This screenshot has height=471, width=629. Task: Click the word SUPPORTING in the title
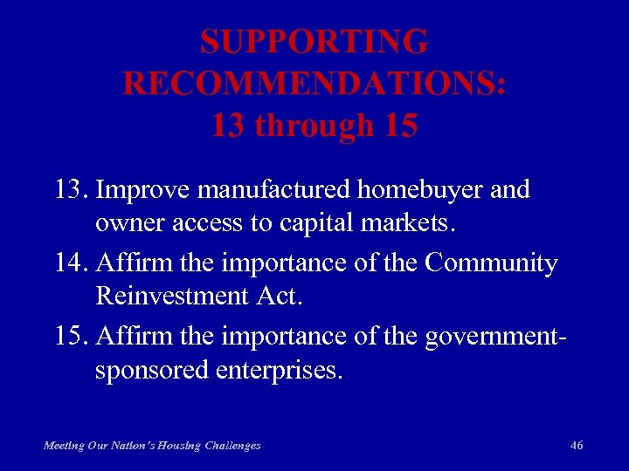(314, 42)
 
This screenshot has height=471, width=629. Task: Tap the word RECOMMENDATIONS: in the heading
(314, 84)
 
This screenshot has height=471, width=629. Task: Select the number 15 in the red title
(400, 126)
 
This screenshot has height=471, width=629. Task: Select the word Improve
(144, 190)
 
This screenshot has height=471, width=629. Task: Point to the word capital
(320, 222)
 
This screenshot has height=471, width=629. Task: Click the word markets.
(411, 222)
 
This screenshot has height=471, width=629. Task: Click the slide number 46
(577, 445)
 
